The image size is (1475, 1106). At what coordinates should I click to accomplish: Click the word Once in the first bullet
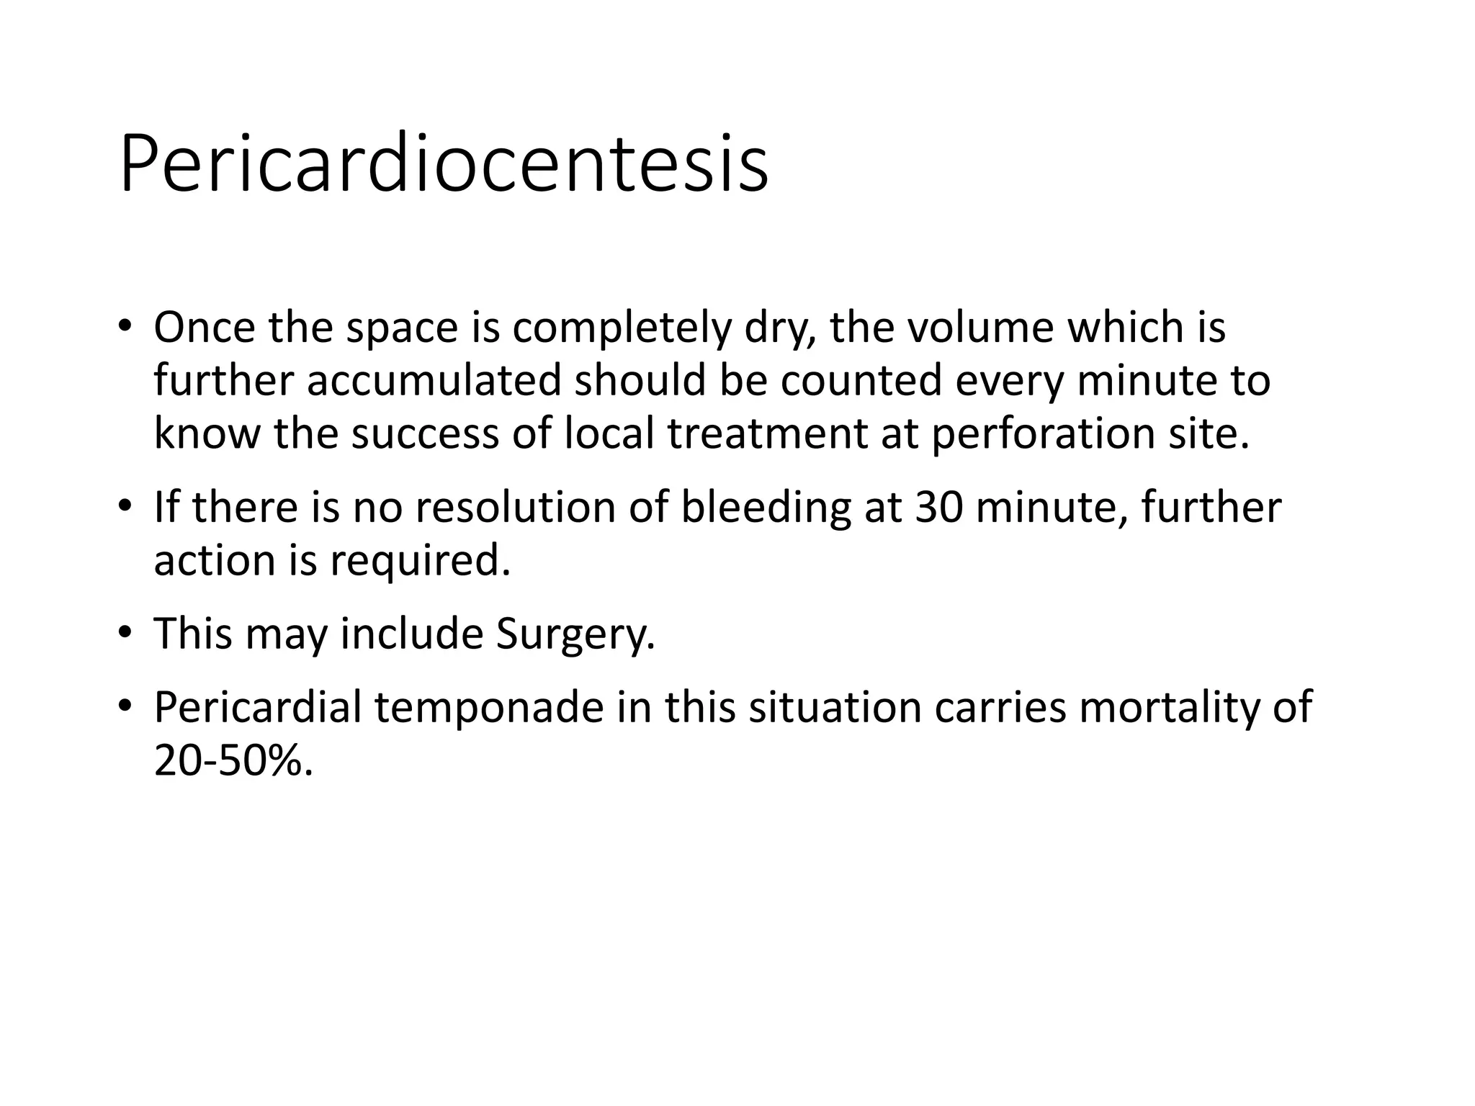pos(205,327)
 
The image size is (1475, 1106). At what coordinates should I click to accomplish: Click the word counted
pos(861,380)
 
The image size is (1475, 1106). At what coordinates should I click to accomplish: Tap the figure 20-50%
pos(233,760)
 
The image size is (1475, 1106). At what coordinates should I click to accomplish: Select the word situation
pos(835,707)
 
